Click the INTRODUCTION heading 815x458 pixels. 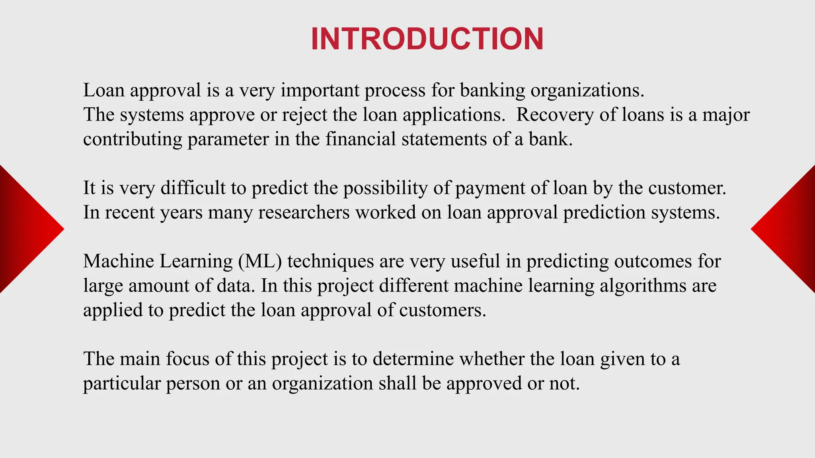[427, 39]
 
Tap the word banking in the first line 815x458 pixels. [492, 91]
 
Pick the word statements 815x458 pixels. [444, 139]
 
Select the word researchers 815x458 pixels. [304, 212]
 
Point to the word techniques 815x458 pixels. [331, 262]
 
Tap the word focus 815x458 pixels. [187, 359]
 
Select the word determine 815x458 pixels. [413, 359]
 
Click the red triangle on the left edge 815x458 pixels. [24, 229]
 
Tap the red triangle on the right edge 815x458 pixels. [790, 229]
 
